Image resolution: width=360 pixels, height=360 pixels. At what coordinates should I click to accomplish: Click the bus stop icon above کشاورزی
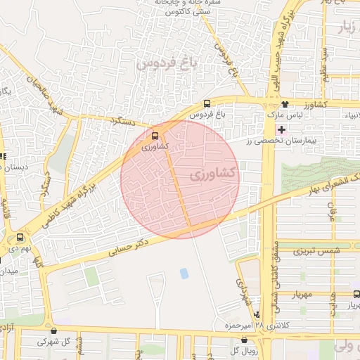155,136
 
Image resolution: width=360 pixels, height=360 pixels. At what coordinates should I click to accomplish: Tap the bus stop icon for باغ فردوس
206,104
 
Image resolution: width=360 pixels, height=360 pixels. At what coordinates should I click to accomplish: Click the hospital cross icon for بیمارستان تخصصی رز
282,131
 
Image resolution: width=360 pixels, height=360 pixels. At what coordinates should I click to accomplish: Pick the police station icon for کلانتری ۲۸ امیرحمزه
257,315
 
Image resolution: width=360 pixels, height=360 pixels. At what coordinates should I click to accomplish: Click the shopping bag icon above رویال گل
244,340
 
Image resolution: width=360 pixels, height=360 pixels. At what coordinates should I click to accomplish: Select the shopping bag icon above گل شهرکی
54,331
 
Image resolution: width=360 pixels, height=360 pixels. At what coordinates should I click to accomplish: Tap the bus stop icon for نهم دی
22,238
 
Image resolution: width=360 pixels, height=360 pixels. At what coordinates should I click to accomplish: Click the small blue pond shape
184,273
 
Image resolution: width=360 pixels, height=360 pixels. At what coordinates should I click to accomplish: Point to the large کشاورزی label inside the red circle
214,172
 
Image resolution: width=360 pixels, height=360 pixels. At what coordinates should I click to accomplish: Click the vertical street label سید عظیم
325,65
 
